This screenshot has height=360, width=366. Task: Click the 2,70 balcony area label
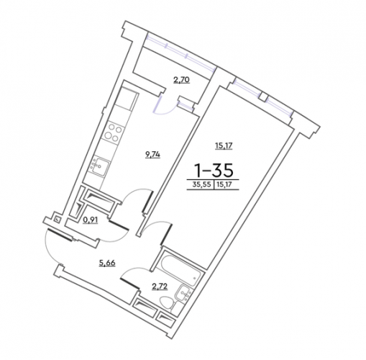click(181, 79)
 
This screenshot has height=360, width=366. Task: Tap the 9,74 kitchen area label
click(152, 155)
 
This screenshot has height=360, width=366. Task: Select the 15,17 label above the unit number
click(224, 145)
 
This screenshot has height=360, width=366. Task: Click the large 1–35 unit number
click(214, 169)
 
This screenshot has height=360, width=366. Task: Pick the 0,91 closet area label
click(91, 220)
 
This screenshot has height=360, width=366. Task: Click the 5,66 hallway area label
click(107, 263)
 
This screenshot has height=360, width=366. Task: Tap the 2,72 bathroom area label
click(160, 287)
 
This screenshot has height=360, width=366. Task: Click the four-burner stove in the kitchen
click(113, 133)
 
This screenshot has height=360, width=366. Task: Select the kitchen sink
click(99, 166)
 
